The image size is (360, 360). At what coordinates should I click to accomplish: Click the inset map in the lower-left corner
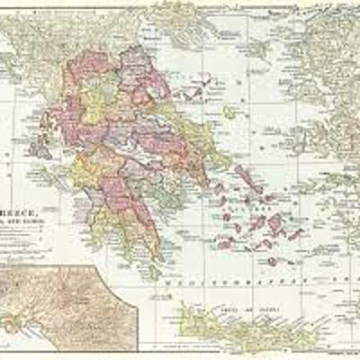[x=67, y=306]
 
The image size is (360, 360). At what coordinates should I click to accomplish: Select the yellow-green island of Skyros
[x=229, y=112]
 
